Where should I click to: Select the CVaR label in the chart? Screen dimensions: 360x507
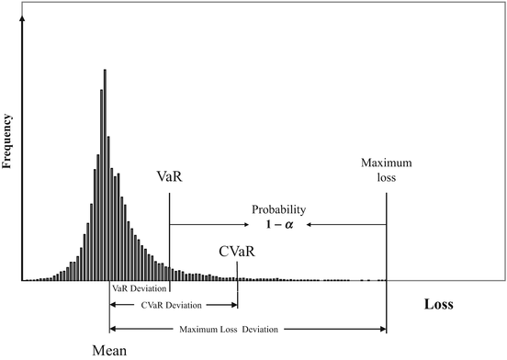pyautogui.click(x=236, y=250)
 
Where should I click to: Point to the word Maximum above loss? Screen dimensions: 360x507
pyautogui.click(x=386, y=163)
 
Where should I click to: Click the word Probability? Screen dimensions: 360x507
pyautogui.click(x=279, y=209)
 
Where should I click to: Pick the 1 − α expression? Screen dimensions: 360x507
pyautogui.click(x=279, y=225)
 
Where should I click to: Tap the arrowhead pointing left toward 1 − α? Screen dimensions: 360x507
pyautogui.click(x=310, y=224)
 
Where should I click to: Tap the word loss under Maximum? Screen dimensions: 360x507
pyautogui.click(x=386, y=176)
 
